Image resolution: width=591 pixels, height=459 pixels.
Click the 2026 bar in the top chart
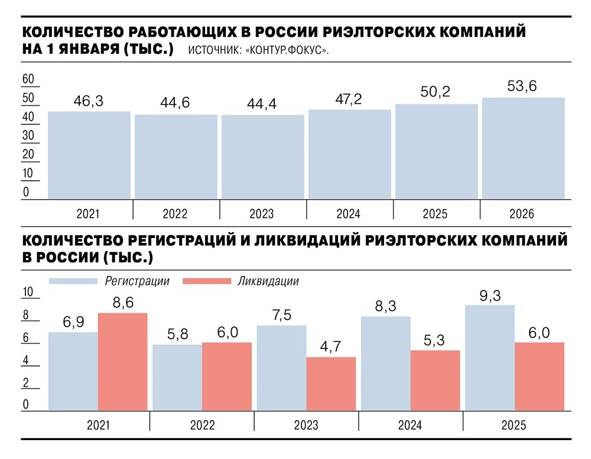point(523,148)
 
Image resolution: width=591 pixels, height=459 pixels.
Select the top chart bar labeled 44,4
point(262,157)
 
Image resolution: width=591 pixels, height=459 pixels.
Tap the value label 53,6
point(522,87)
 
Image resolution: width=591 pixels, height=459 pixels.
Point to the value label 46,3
point(89,101)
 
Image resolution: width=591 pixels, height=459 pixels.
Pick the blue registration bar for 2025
point(490,357)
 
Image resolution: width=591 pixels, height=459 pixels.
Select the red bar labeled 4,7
point(331,384)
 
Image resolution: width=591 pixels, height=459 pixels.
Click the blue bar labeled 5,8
point(177,377)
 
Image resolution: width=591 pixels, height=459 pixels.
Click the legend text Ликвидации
point(268,281)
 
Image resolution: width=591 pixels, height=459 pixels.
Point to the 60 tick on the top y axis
point(28,79)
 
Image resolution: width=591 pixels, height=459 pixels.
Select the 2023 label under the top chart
point(262,214)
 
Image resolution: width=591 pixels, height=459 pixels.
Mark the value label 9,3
point(490,295)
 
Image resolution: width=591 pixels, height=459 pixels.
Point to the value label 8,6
point(122,303)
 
